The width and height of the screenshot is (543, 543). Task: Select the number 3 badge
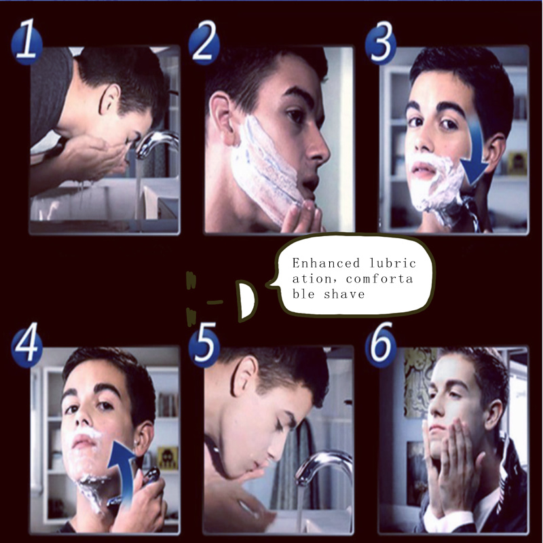(x=381, y=42)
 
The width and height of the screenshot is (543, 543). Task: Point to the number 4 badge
(x=26, y=342)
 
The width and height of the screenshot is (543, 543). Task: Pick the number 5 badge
(x=204, y=343)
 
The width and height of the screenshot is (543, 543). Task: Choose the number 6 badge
(x=381, y=343)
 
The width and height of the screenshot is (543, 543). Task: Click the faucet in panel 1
(x=155, y=143)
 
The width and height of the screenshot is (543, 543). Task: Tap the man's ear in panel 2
(x=222, y=118)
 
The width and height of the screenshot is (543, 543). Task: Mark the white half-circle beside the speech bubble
(x=247, y=300)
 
